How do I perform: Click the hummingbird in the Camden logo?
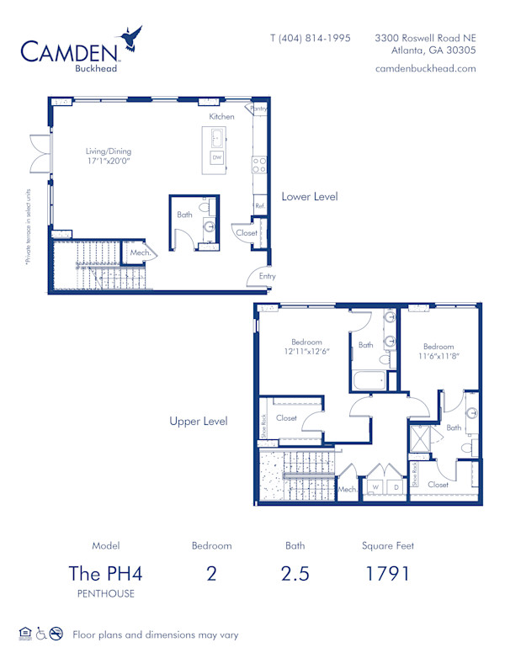131,38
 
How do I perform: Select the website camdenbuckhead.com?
425,68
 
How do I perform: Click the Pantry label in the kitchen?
258,109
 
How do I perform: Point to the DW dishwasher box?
216,157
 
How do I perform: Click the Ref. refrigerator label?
260,205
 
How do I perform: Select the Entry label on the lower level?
267,276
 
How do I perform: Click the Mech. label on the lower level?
139,252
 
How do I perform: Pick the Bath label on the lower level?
184,215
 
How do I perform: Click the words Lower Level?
309,197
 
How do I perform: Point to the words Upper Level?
199,421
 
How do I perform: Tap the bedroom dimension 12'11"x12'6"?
306,353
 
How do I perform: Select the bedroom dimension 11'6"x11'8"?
438,357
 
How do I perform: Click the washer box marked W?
375,487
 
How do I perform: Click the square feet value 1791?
387,574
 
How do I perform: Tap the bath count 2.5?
295,574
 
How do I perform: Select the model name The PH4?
105,574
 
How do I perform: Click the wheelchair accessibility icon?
40,633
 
